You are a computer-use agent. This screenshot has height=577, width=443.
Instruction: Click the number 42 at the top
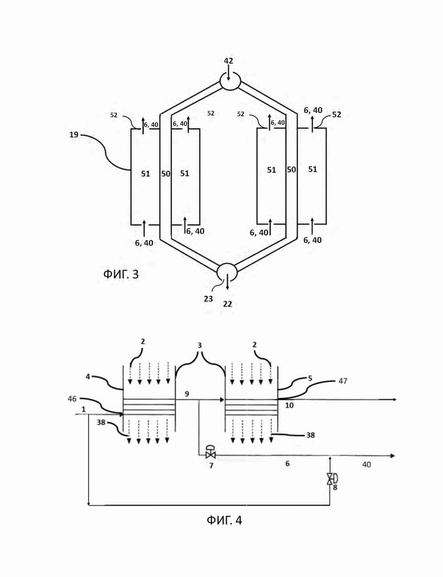point(228,61)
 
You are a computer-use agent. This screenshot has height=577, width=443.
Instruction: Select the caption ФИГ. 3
point(121,274)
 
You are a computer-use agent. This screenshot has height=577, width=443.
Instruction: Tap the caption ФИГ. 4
point(224,520)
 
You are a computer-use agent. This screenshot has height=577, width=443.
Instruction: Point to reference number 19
point(74,135)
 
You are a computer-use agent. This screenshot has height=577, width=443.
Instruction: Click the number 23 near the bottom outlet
point(208,299)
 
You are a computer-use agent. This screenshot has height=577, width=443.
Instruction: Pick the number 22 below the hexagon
point(228,304)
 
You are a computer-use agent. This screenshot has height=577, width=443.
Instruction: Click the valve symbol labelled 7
point(211,452)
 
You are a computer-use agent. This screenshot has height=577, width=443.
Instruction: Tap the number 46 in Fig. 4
point(73,399)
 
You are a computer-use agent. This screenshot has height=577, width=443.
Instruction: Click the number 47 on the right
point(343,381)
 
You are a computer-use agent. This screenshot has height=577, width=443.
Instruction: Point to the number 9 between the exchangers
point(187,394)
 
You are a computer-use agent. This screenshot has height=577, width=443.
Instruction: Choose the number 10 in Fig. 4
point(289,405)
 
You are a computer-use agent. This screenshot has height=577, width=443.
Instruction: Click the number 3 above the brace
point(200,345)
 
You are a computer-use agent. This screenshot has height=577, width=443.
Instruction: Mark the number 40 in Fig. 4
point(366,465)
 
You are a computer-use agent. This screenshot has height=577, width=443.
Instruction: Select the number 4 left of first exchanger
point(88,377)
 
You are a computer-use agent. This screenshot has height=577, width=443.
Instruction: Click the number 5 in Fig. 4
point(310,378)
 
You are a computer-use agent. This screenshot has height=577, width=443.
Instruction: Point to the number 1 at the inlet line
point(83,409)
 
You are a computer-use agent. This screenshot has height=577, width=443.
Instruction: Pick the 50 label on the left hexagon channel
point(166,174)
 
